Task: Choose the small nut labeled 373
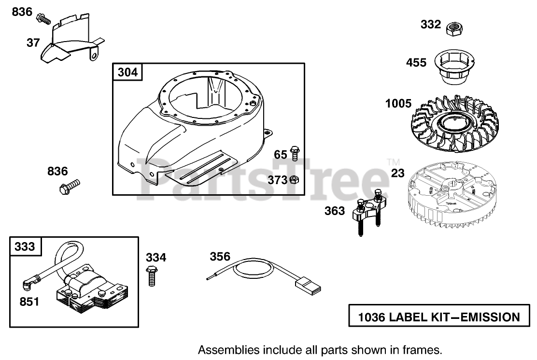(294, 180)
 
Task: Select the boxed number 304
(127, 72)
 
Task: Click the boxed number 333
(25, 246)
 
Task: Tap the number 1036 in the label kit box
(371, 317)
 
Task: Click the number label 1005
(398, 103)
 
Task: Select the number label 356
(220, 257)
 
